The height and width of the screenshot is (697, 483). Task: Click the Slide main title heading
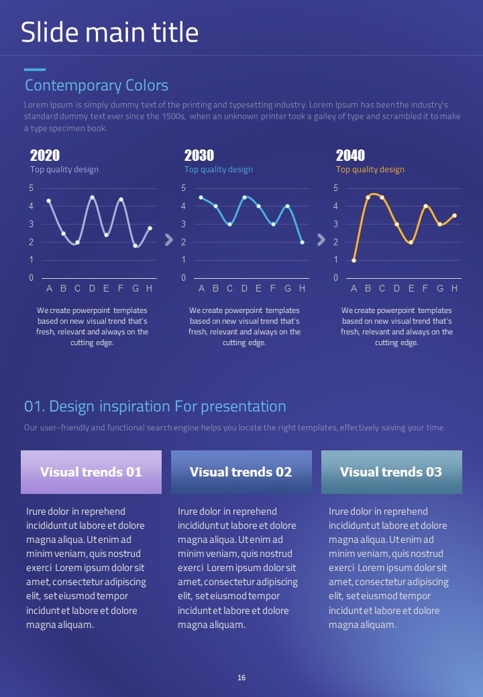(109, 32)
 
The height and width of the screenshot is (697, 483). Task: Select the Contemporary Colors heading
(97, 86)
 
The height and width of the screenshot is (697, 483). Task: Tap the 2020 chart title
(45, 155)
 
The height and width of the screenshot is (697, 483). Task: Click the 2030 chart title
(199, 155)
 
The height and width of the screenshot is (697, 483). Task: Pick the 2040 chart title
(350, 155)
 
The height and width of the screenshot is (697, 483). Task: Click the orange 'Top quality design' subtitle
(370, 170)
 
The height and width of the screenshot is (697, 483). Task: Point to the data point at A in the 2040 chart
(354, 260)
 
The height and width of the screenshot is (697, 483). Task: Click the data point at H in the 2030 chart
(302, 242)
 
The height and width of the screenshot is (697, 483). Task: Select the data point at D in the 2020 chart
(92, 197)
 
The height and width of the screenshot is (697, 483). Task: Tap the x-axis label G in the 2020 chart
(136, 289)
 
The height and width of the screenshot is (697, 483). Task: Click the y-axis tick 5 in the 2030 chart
(183, 188)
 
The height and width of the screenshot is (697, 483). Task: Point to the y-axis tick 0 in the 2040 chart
(335, 278)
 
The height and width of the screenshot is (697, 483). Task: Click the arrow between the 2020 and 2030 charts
(168, 240)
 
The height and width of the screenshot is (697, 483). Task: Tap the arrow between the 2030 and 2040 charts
(321, 240)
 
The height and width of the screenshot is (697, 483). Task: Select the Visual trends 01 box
(91, 472)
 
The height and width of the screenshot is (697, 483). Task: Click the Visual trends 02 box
(241, 472)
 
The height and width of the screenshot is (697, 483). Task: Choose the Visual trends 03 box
(392, 472)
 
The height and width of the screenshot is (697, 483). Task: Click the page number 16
(241, 678)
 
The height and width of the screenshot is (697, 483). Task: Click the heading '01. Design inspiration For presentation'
(155, 407)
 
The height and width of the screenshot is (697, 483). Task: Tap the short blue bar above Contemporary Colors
(35, 70)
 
